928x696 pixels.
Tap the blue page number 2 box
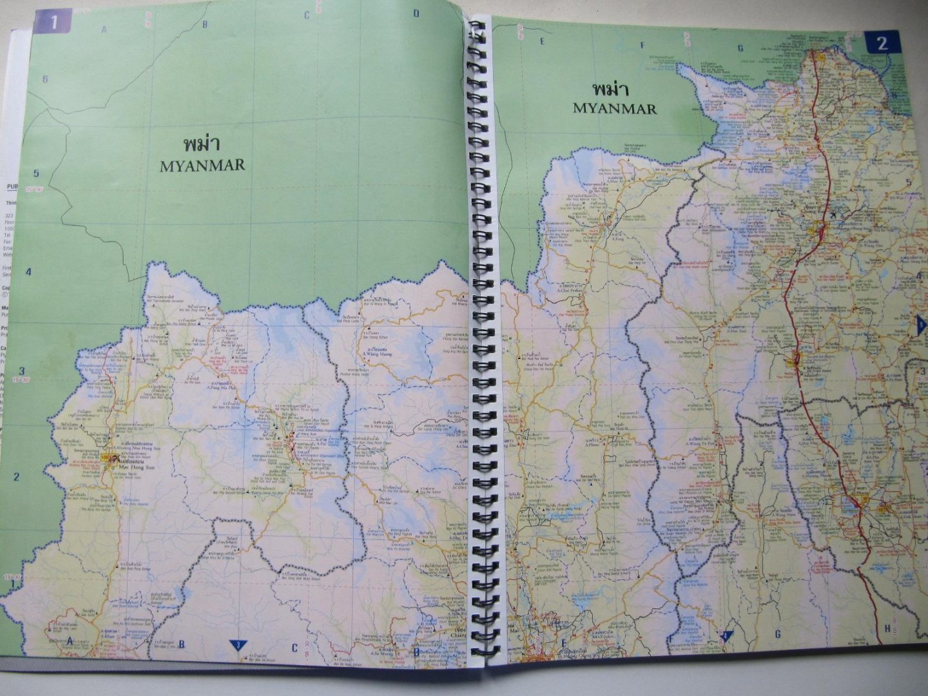(881, 43)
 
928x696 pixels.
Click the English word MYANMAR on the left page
(202, 165)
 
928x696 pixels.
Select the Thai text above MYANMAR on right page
(614, 88)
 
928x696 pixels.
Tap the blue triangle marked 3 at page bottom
(238, 644)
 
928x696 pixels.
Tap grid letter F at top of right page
(643, 45)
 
